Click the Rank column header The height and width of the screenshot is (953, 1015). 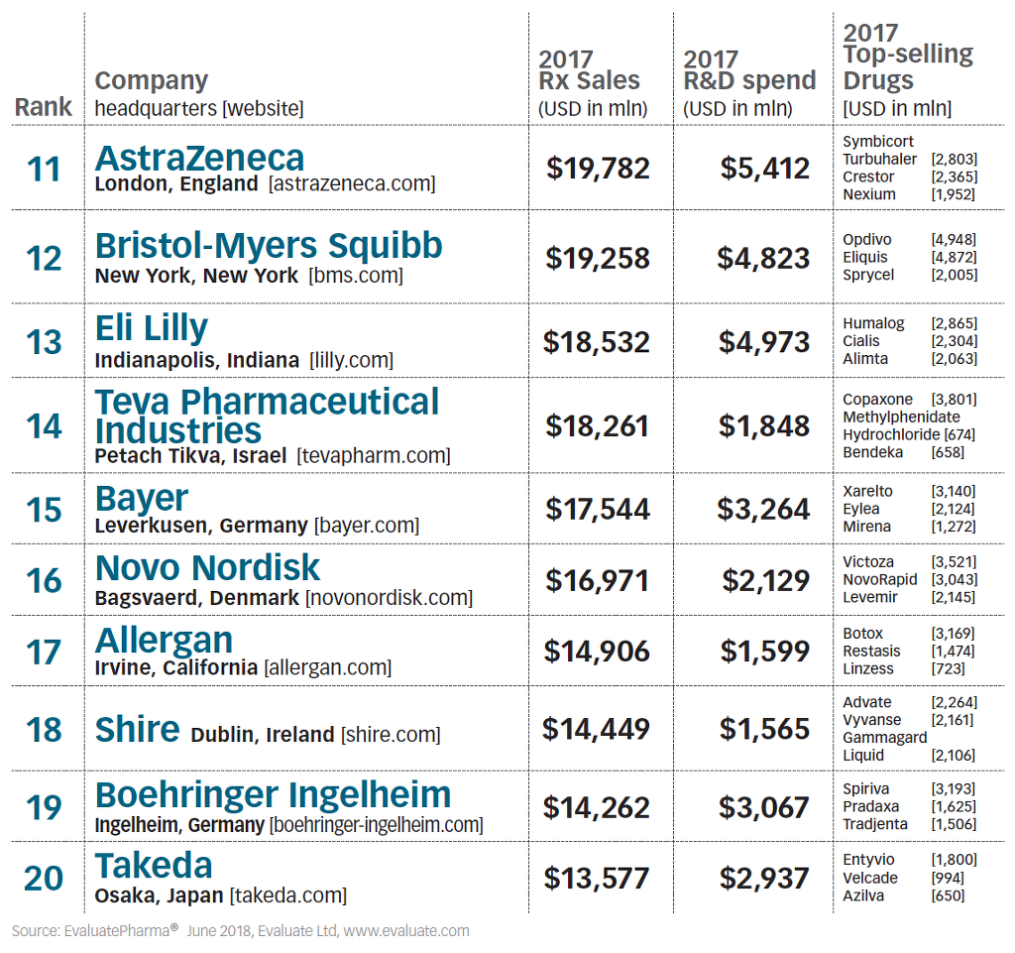(x=44, y=107)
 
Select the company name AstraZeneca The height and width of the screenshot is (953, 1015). (x=199, y=158)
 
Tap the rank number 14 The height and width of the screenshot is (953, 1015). (x=44, y=426)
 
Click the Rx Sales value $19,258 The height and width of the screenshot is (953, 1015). (x=598, y=258)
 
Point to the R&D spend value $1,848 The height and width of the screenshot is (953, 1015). (x=764, y=426)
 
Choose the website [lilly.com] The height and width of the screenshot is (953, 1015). (x=351, y=360)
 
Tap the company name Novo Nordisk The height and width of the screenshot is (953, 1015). (x=207, y=568)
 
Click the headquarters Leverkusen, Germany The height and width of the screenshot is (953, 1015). (x=201, y=526)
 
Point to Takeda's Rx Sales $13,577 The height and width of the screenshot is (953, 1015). (x=598, y=878)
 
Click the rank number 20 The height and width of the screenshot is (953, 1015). (x=44, y=878)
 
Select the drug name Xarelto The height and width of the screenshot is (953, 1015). (x=867, y=491)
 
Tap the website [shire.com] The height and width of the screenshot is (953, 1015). (x=391, y=735)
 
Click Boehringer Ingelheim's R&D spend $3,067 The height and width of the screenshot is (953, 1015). (x=764, y=807)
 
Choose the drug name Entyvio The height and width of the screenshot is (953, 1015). (x=868, y=860)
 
